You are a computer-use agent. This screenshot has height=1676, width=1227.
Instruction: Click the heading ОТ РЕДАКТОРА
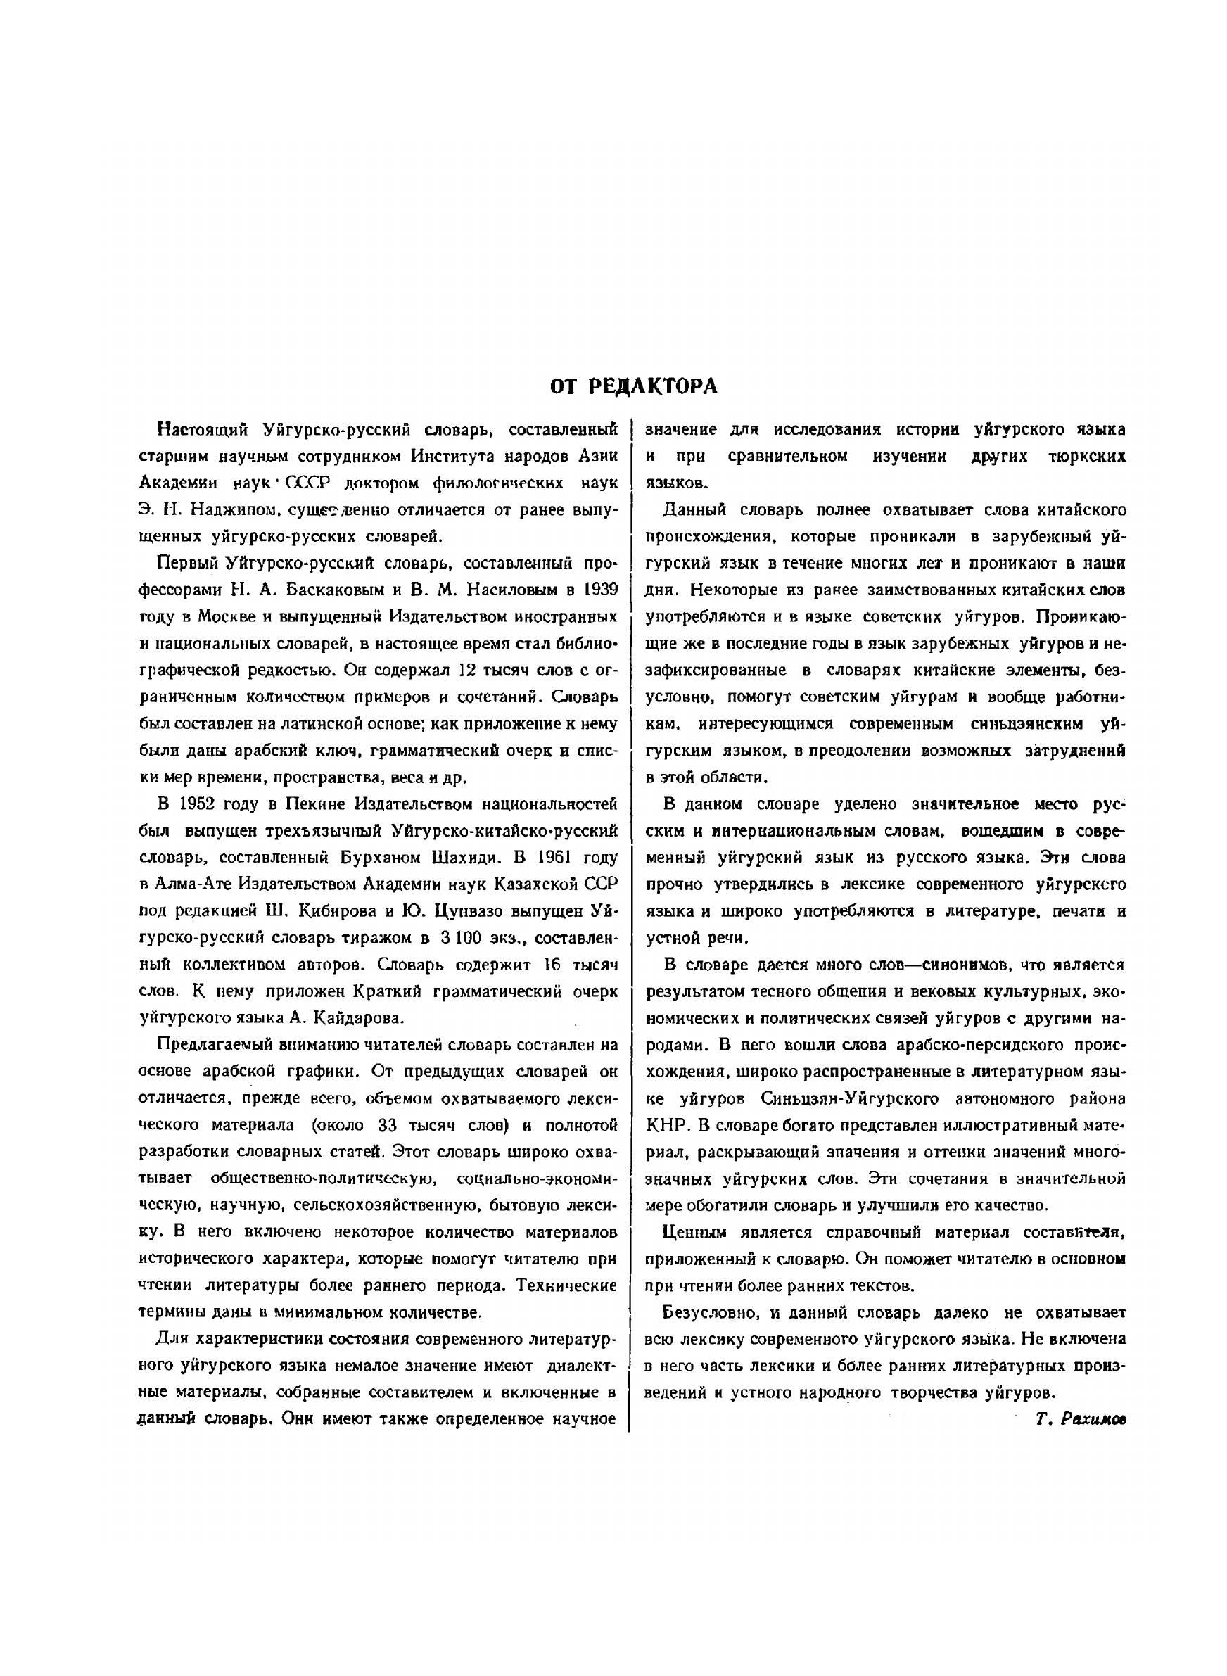click(634, 386)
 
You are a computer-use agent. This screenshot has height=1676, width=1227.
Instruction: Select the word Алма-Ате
click(196, 884)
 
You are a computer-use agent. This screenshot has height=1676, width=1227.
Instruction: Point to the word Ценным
click(694, 1232)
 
